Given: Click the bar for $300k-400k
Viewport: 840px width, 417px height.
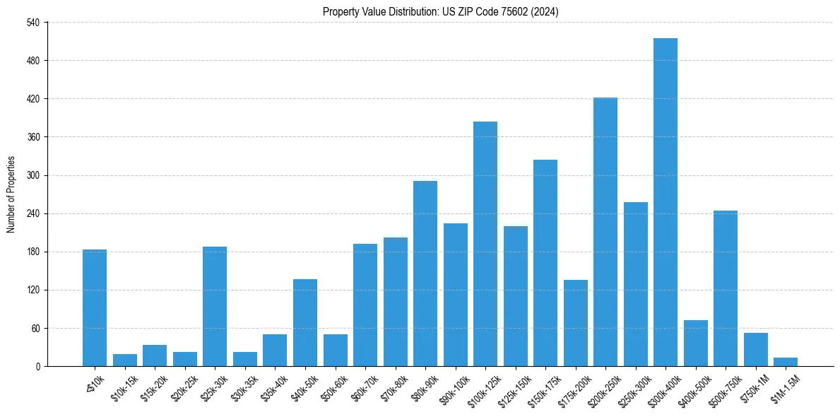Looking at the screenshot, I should click(665, 202).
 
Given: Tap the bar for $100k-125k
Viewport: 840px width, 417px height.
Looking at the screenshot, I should click(485, 244).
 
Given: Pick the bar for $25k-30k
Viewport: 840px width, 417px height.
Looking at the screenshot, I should click(214, 306).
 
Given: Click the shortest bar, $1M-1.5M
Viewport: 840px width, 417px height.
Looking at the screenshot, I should click(785, 362).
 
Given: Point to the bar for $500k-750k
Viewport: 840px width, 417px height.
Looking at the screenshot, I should click(725, 288).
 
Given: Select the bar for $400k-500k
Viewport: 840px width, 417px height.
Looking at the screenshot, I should click(695, 343).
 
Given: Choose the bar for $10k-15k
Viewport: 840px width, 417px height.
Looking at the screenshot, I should click(124, 360).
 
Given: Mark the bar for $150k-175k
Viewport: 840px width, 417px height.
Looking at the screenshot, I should click(545, 263).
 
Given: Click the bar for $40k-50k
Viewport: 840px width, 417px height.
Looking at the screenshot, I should click(304, 322).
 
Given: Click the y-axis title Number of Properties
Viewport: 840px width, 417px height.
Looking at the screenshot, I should click(11, 194).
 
